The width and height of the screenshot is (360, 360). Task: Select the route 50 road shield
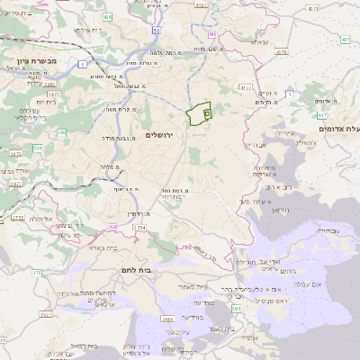click(157, 30)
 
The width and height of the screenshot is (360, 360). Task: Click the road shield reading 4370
click(247, 87)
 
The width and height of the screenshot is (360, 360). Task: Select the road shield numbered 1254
click(139, 229)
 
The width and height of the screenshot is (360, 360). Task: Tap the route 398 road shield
click(236, 310)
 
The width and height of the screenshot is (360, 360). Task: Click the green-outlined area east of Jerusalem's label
click(198, 115)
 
